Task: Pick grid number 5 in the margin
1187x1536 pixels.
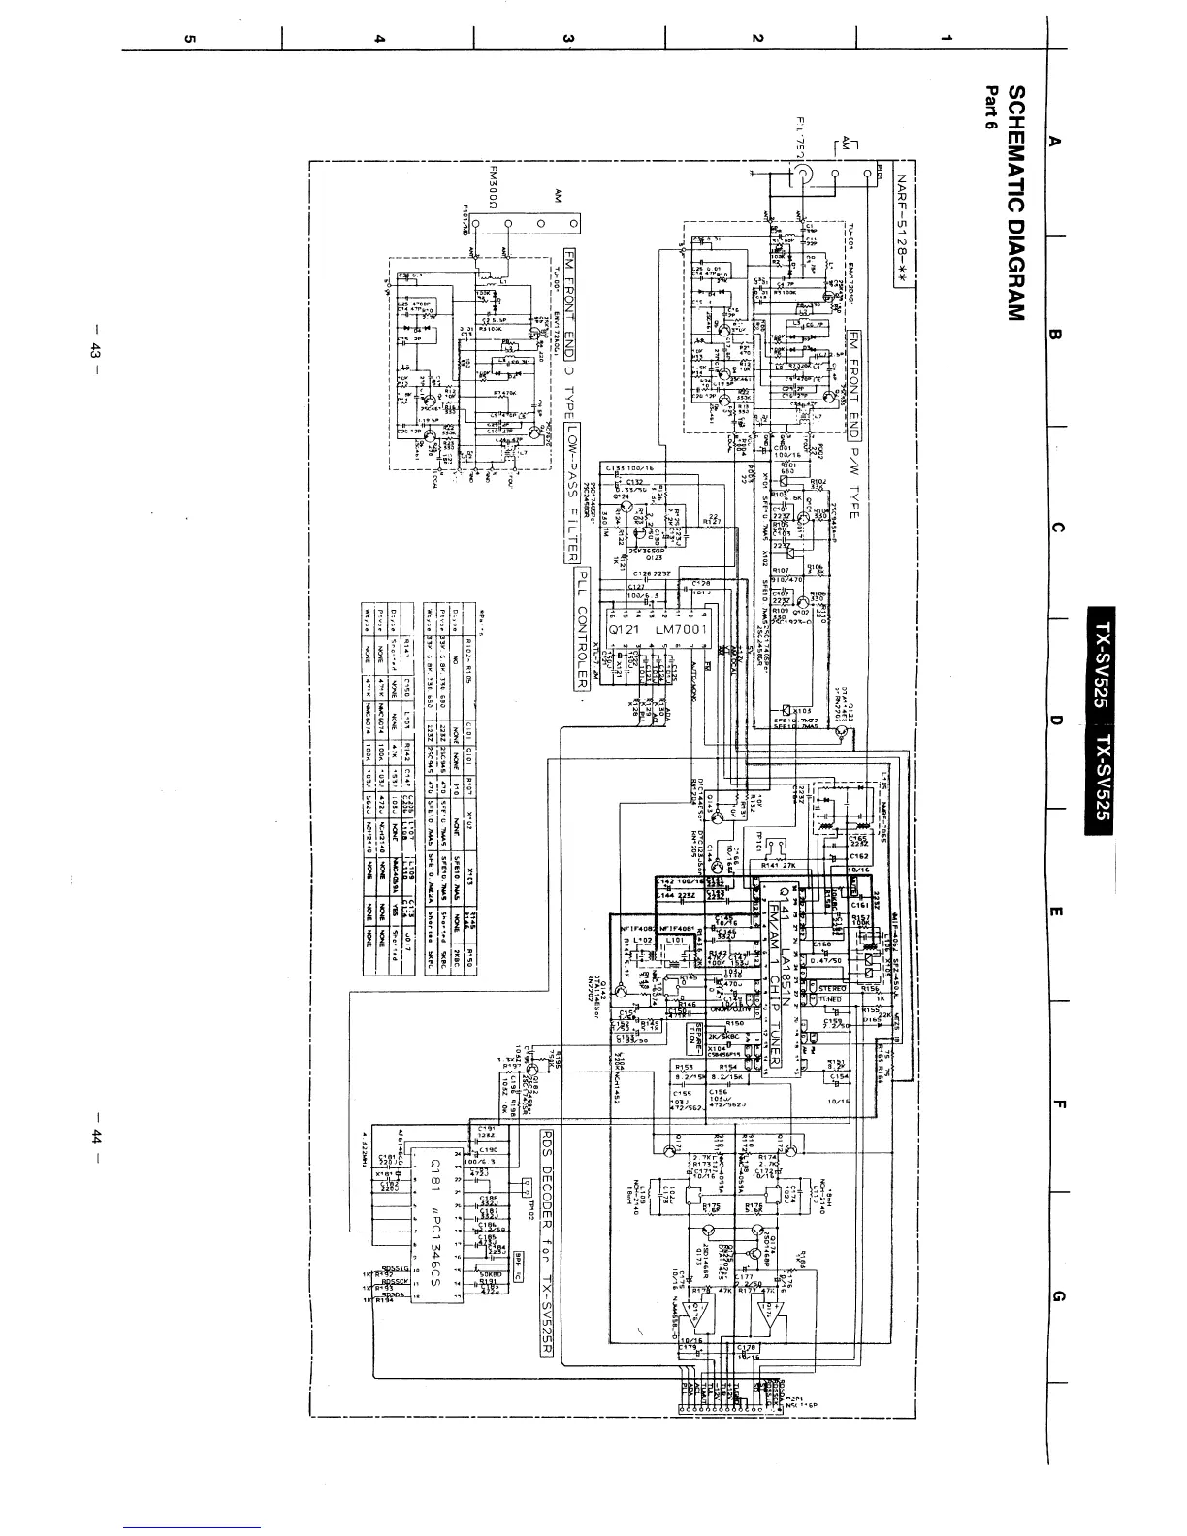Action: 190,39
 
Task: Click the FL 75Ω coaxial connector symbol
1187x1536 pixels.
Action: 804,175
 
